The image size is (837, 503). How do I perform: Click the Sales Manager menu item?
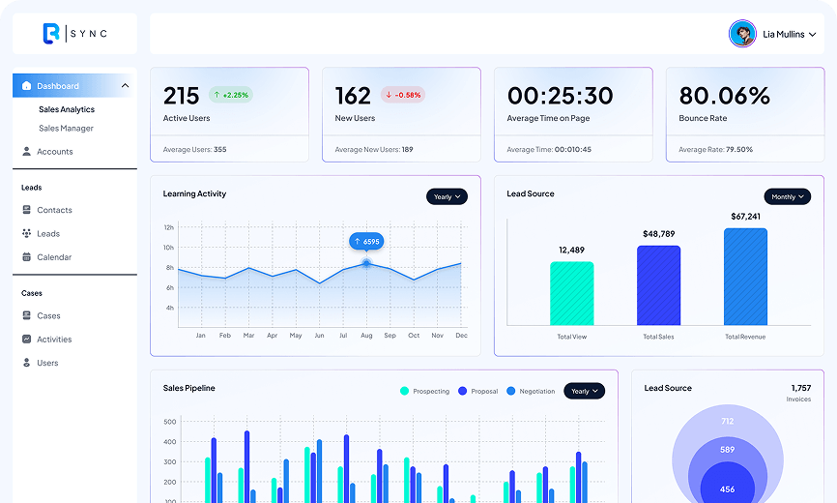point(66,128)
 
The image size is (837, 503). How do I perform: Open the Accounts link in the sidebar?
point(47,152)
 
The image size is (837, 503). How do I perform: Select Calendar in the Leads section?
point(47,257)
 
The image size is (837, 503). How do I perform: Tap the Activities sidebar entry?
point(47,340)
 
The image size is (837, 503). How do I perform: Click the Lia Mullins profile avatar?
point(742,34)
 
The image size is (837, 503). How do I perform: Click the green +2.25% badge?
point(231,95)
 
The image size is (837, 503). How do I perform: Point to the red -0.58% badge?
point(403,95)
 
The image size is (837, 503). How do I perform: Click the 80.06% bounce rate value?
point(724,96)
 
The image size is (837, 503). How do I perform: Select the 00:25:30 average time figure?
point(560,96)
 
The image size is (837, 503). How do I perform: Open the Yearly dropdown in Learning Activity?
point(447,196)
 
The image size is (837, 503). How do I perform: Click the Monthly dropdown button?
point(788,196)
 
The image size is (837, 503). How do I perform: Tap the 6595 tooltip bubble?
point(366,242)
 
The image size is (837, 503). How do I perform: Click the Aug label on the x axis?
point(366,336)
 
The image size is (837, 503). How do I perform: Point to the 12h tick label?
point(169,227)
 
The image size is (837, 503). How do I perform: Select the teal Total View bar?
point(572,293)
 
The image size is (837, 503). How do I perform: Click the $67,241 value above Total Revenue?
point(746,217)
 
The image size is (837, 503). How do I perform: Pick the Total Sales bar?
point(659,285)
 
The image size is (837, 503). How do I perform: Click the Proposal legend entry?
point(477,391)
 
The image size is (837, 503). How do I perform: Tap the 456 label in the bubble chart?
point(727,489)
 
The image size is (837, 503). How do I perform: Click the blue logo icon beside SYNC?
point(51,34)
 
